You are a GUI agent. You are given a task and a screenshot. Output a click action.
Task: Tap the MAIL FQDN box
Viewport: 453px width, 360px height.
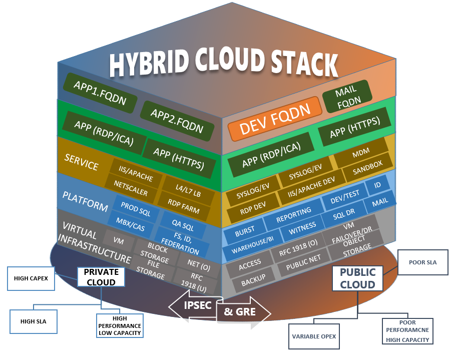(x=346, y=95)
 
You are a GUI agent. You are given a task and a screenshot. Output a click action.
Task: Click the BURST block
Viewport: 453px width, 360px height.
(x=245, y=230)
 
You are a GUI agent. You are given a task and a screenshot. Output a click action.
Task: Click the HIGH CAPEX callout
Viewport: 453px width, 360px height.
(x=31, y=278)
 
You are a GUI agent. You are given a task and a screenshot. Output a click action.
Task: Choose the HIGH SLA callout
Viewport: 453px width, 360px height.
(x=34, y=321)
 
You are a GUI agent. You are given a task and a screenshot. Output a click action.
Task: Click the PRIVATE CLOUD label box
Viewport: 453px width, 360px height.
(x=101, y=276)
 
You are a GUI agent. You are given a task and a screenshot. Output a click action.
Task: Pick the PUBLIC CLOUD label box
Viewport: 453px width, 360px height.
(x=357, y=278)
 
